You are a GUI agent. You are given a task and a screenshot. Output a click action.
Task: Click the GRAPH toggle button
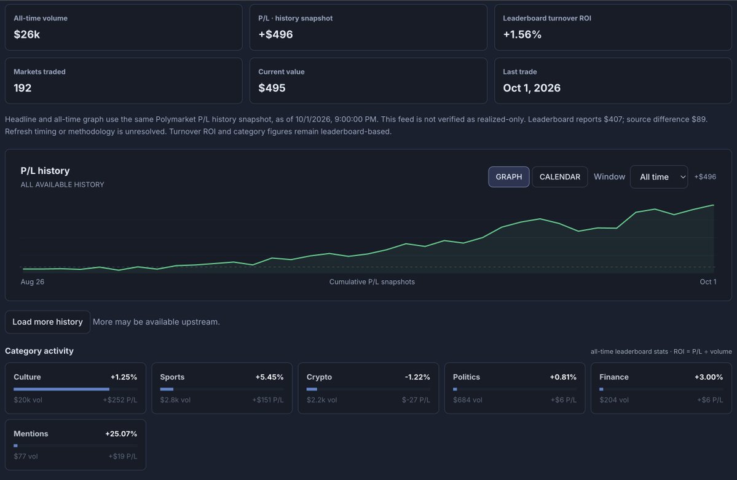point(508,177)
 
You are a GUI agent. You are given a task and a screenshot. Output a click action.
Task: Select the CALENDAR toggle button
point(560,177)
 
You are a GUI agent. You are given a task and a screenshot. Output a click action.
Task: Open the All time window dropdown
point(658,177)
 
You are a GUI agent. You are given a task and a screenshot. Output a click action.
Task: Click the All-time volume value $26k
point(27,34)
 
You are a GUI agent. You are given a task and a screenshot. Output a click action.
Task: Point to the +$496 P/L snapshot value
point(275,34)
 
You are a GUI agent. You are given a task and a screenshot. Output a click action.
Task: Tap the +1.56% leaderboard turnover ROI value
point(522,34)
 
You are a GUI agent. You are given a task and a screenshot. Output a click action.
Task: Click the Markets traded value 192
point(23,88)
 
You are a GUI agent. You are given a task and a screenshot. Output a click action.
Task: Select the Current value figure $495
point(272,88)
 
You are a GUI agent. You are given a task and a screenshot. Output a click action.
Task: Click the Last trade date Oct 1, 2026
point(532,88)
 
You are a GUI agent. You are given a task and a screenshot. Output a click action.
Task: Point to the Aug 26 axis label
point(33,281)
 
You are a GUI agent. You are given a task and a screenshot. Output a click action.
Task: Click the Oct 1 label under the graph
point(708,281)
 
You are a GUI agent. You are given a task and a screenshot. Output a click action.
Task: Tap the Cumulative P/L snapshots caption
point(372,281)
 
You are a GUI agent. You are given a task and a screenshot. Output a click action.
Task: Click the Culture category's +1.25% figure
point(124,377)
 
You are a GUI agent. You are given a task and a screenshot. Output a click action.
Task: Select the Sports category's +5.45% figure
point(269,377)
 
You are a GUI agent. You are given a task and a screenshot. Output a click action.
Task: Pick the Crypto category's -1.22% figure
point(417,377)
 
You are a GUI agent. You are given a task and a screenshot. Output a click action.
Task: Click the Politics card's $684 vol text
point(468,399)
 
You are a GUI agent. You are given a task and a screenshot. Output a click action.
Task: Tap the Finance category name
point(614,377)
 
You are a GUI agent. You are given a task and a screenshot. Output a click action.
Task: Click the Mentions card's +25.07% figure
point(121,433)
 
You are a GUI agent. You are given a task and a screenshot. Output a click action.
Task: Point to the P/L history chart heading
point(45,171)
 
